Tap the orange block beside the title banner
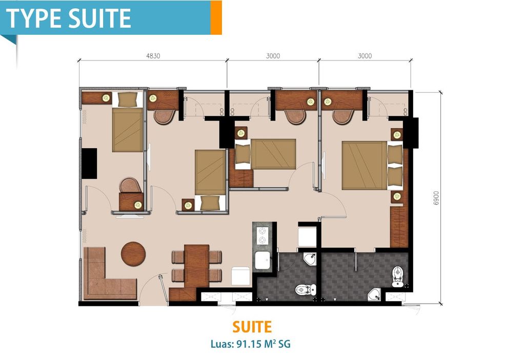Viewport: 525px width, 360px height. coord(216,17)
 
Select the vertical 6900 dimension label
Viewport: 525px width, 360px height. coord(436,198)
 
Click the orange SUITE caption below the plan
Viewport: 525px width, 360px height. coord(252,327)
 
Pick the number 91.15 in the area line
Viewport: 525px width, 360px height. coord(247,344)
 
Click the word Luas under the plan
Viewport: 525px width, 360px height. coord(222,344)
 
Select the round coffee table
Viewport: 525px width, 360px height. coord(133,253)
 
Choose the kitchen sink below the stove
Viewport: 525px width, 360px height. coord(263,261)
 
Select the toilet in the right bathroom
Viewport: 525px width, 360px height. coord(398,276)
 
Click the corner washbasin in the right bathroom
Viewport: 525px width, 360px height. coord(374,294)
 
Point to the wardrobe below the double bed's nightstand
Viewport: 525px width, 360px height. coord(398,226)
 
